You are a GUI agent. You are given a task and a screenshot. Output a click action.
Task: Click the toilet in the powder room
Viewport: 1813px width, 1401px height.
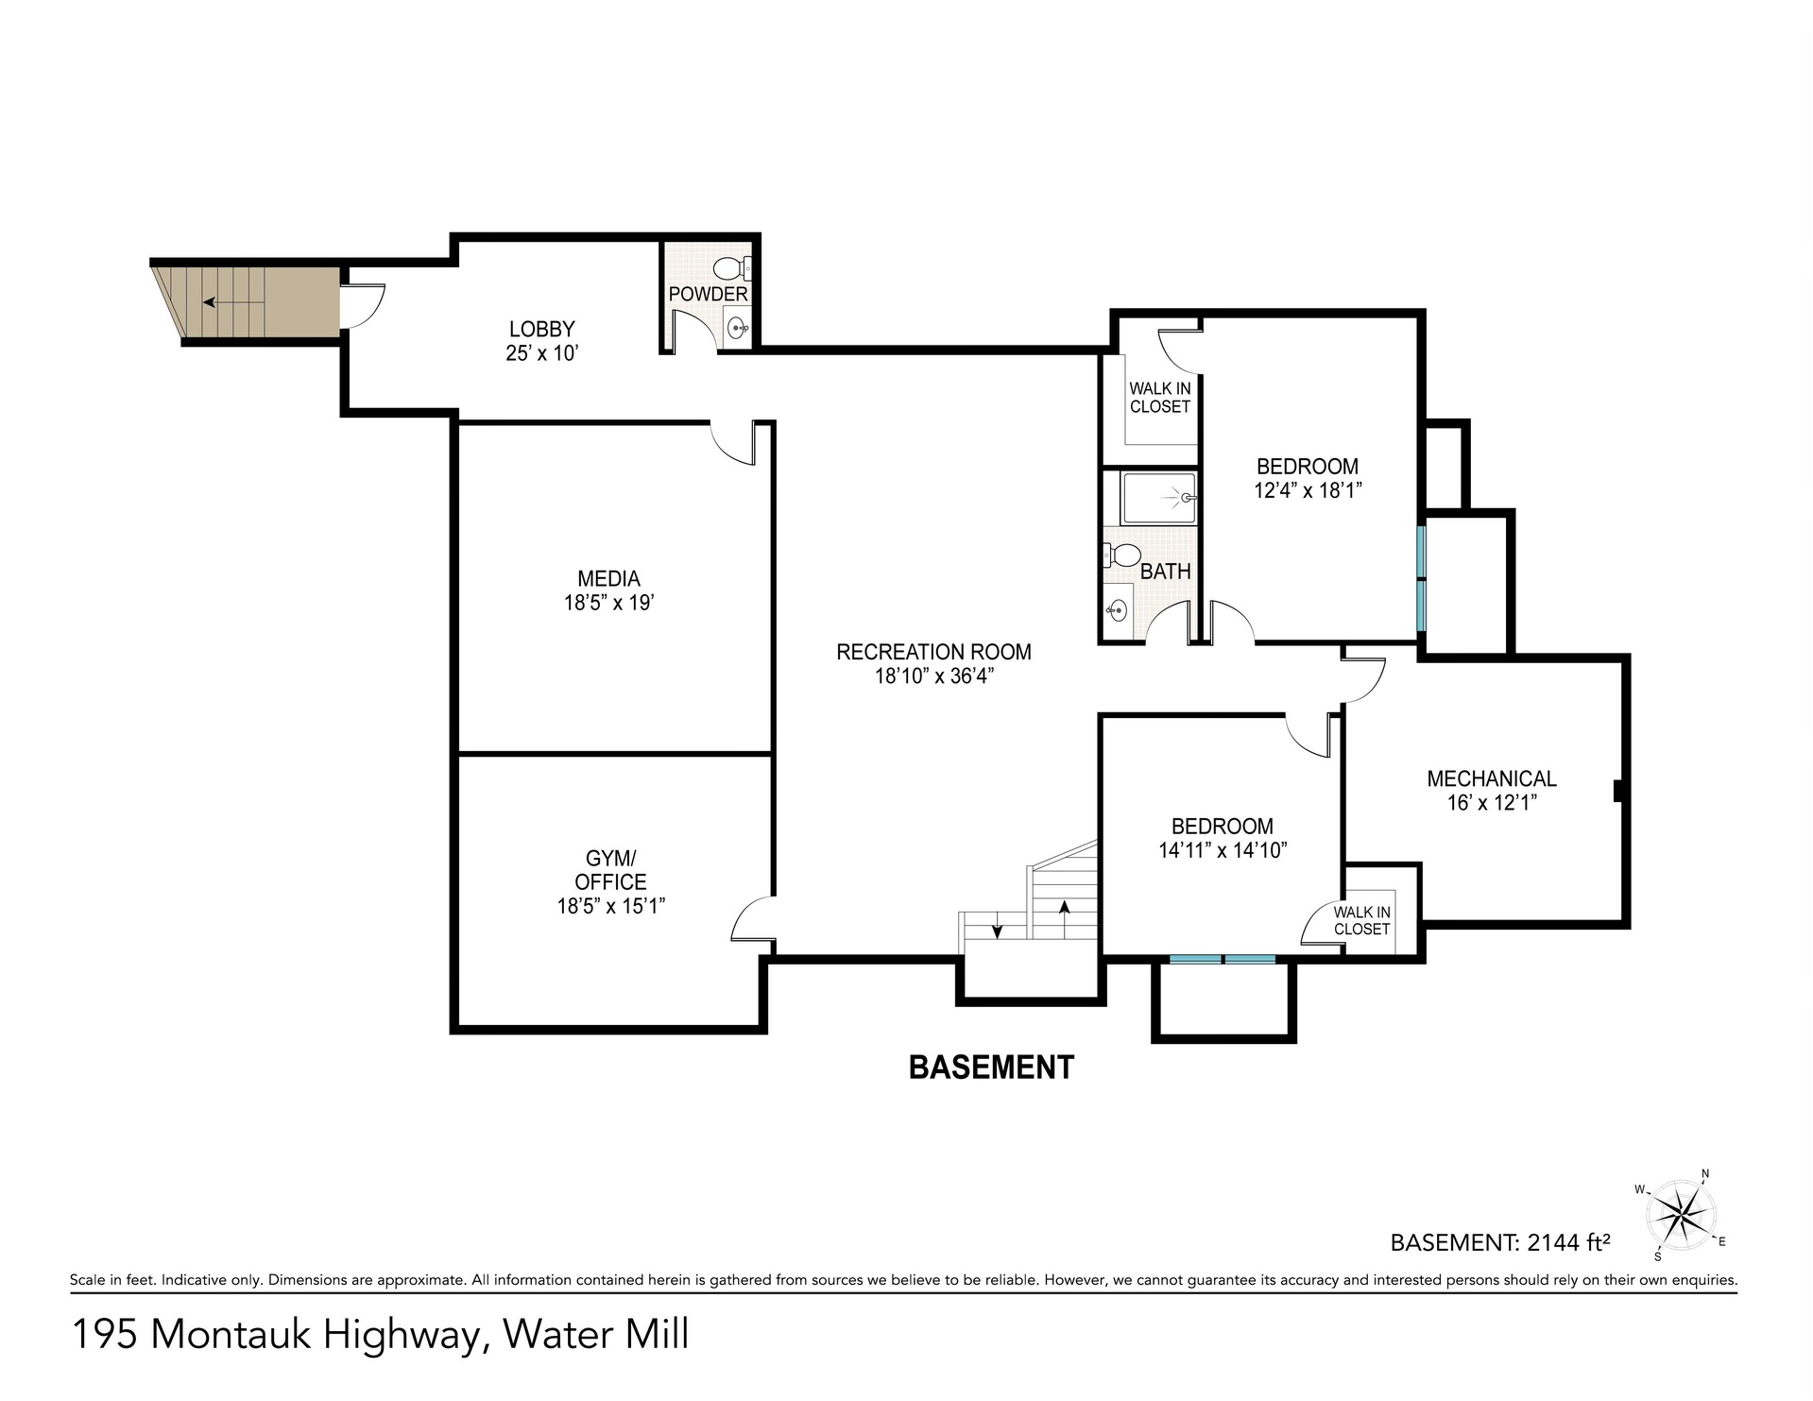[x=732, y=267]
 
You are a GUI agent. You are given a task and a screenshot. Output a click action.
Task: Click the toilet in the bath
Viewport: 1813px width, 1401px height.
[x=1121, y=555]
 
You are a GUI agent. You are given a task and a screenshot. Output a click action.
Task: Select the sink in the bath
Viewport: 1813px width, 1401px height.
[x=1117, y=610]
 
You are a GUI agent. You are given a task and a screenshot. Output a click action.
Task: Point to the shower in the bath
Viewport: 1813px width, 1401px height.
[x=1159, y=497]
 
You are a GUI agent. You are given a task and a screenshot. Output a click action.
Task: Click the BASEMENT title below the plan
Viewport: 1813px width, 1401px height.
[x=991, y=1068]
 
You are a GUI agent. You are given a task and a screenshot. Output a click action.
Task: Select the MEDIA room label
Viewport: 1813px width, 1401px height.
[x=609, y=578]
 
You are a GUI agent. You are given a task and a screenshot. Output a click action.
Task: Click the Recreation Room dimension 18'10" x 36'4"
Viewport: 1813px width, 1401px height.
[x=933, y=676]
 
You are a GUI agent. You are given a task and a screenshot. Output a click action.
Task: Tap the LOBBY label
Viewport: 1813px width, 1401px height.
[x=542, y=329]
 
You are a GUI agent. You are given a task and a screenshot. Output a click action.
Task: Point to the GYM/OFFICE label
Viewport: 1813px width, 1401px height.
[x=610, y=870]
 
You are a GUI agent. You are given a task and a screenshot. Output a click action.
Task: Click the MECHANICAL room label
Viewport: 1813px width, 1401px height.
[x=1492, y=778]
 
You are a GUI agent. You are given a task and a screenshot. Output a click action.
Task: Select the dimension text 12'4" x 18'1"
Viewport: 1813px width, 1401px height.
[x=1308, y=490]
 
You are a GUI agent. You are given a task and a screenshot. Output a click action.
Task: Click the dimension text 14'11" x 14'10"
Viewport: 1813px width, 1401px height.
[x=1223, y=850]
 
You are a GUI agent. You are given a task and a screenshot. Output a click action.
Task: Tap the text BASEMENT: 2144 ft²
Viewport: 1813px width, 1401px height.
[x=1500, y=1242]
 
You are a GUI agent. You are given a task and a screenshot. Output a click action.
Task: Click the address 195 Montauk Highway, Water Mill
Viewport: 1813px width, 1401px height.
[x=381, y=1335]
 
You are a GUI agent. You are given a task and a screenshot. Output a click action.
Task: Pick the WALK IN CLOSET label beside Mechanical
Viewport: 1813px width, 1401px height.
[x=1362, y=921]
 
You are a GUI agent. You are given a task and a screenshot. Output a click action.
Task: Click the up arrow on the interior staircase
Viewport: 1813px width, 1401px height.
[x=1065, y=918]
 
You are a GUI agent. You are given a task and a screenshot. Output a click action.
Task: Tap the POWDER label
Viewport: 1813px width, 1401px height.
[x=709, y=294]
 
